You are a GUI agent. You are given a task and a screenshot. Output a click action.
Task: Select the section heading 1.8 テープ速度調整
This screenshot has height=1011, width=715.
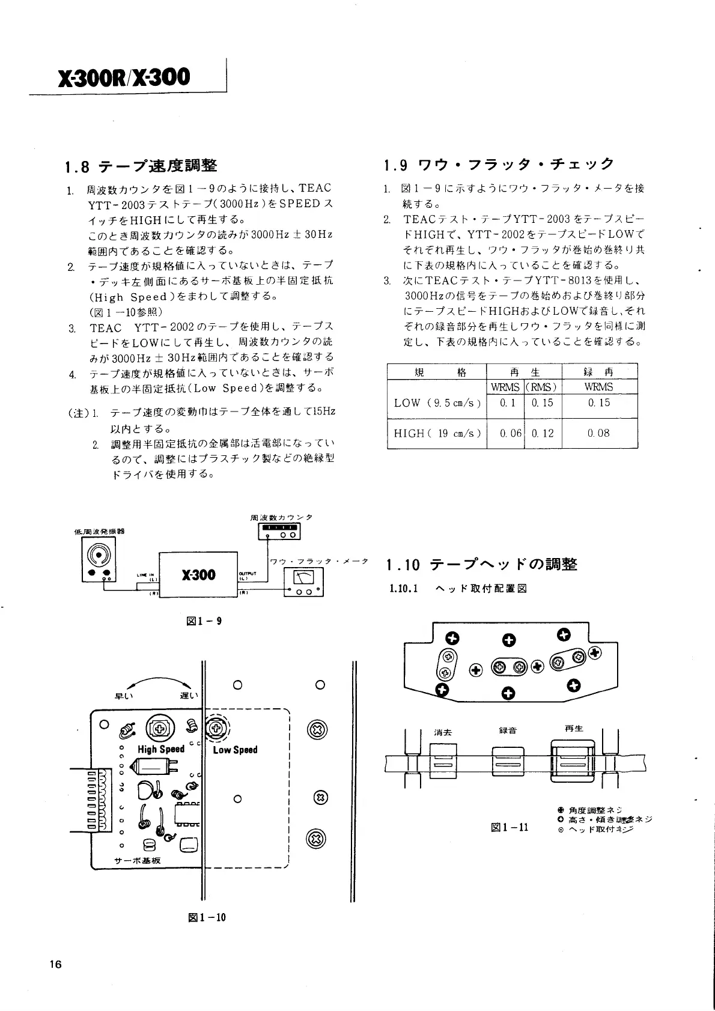click(141, 166)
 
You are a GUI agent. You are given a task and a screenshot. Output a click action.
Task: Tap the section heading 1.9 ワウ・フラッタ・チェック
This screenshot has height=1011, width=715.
click(499, 164)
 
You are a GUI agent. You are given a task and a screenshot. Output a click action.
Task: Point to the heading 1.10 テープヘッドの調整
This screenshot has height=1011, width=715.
click(482, 564)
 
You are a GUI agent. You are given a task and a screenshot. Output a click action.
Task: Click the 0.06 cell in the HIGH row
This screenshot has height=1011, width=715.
click(511, 433)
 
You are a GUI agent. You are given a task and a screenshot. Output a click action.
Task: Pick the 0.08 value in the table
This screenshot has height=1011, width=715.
click(598, 433)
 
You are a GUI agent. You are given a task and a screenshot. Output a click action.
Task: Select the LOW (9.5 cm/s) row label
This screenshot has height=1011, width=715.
click(437, 402)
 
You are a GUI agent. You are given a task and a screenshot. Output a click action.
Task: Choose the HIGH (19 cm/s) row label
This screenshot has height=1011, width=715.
click(437, 433)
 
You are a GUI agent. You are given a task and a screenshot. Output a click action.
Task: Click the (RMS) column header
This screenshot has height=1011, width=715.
click(542, 387)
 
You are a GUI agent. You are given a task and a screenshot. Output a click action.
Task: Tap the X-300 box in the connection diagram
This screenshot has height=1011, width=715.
click(198, 575)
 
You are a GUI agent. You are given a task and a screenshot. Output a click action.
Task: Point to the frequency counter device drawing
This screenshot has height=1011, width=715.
click(279, 531)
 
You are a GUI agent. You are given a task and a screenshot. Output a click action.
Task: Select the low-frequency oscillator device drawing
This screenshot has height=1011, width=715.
click(100, 559)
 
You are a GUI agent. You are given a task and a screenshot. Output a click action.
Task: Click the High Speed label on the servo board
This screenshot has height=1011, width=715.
click(160, 749)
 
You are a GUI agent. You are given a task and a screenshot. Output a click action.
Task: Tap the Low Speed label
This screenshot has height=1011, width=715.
click(235, 750)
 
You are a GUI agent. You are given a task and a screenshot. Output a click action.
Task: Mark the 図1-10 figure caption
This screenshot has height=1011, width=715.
click(206, 917)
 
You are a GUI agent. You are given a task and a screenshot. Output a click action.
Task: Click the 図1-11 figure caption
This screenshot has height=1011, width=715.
click(510, 827)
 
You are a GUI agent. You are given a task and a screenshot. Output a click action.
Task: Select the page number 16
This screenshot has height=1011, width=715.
click(56, 965)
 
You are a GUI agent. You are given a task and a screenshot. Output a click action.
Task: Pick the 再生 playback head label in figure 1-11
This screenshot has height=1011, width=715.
click(574, 729)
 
